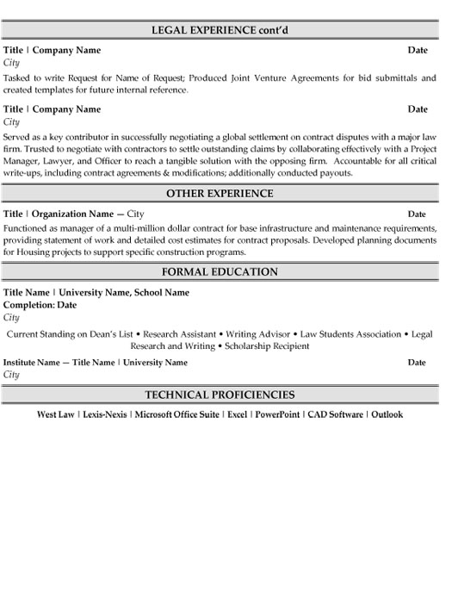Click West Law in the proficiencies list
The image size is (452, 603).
[x=56, y=414]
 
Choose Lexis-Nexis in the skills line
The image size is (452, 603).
[x=105, y=414]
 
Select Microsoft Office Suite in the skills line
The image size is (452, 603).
[x=176, y=414]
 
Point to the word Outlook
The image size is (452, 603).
[x=387, y=414]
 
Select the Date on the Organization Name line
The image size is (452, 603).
[x=417, y=214]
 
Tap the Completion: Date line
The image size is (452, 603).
[x=40, y=305]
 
